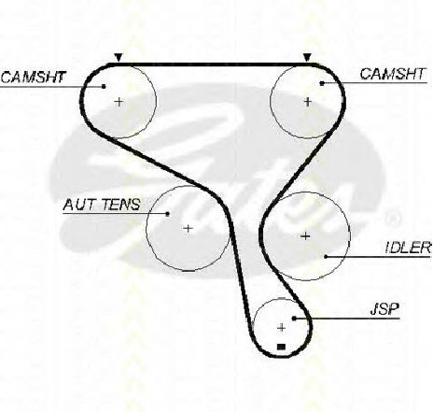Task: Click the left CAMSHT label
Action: point(34,77)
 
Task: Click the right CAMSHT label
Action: point(392,74)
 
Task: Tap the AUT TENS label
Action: point(102,205)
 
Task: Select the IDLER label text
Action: point(408,248)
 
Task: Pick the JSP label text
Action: point(384,309)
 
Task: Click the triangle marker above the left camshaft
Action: point(119,58)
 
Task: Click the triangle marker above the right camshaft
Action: point(307,58)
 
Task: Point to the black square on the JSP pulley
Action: point(281,347)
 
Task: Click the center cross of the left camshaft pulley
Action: point(119,102)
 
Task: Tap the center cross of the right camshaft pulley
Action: point(308,102)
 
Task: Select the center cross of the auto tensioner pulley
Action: point(188,229)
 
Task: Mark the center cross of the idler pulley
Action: point(306,236)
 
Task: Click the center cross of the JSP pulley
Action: point(282,328)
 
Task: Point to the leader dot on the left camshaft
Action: point(104,86)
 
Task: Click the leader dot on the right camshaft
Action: point(322,83)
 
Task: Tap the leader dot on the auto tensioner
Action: point(168,214)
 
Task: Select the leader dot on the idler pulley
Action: point(326,257)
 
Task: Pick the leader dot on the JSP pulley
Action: point(294,319)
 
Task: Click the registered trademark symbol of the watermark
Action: point(393,219)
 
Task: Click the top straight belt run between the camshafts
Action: point(213,64)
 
